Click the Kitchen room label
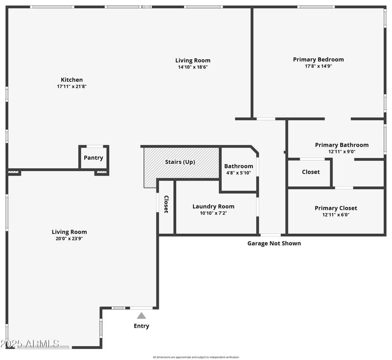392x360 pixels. (x=72, y=79)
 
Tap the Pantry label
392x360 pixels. (x=93, y=158)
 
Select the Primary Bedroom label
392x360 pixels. (x=318, y=59)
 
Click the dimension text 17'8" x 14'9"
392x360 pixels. (x=318, y=66)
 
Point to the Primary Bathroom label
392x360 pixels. (x=342, y=145)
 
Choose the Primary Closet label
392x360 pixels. (x=336, y=208)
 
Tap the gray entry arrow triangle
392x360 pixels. (x=141, y=316)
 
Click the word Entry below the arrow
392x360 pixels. (x=141, y=326)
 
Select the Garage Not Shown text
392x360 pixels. (x=274, y=243)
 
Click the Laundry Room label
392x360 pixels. (x=213, y=206)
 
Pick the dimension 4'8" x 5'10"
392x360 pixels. (x=239, y=173)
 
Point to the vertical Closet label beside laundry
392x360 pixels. (x=166, y=204)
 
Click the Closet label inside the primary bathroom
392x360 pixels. (x=311, y=172)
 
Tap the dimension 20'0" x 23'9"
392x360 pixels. (x=69, y=238)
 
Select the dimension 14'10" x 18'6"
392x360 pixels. (x=194, y=67)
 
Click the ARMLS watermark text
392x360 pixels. (x=30, y=343)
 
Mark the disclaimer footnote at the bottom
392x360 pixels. (x=196, y=357)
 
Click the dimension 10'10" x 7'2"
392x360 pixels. (x=213, y=213)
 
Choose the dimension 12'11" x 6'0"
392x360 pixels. (x=336, y=215)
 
